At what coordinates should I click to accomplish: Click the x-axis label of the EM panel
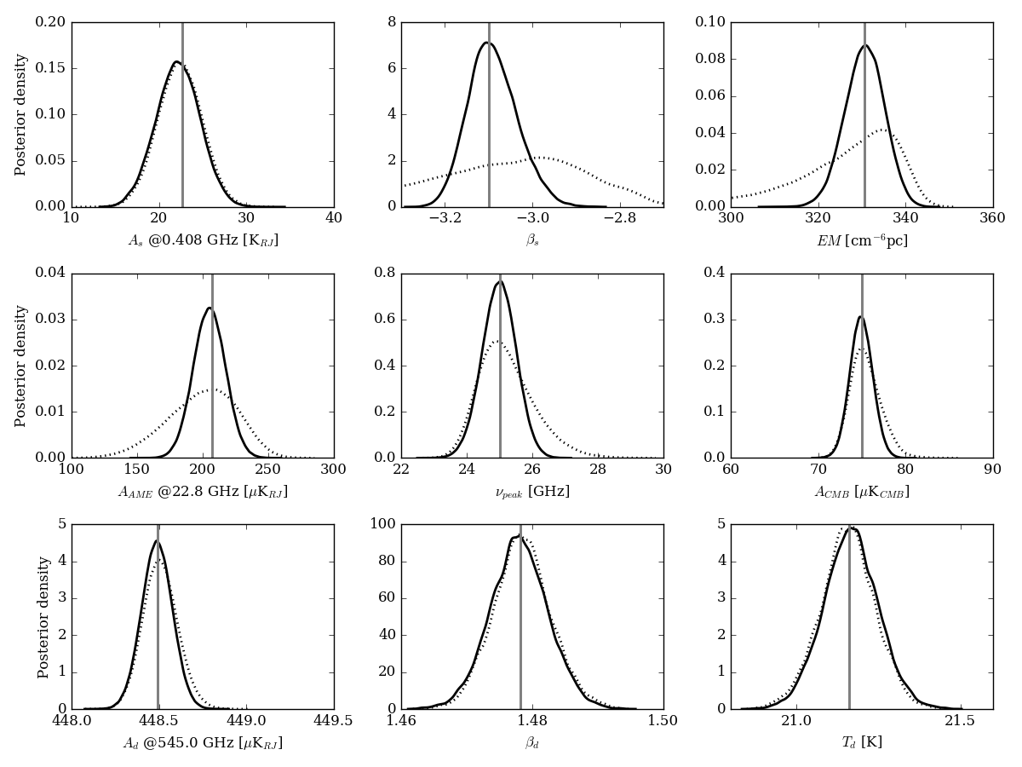(x=862, y=241)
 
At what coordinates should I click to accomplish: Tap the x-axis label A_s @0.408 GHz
(x=203, y=241)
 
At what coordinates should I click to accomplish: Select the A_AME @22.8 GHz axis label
(x=203, y=493)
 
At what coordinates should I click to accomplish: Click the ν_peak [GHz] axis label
(x=532, y=492)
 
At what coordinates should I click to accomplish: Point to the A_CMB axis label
(x=862, y=492)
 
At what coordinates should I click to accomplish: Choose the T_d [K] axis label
(x=862, y=742)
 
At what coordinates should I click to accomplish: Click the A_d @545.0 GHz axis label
(x=203, y=743)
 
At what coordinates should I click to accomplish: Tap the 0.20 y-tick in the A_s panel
(x=50, y=22)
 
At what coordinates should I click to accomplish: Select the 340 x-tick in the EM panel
(x=905, y=218)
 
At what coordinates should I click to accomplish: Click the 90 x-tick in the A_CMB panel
(x=992, y=469)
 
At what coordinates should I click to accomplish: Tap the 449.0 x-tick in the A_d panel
(x=246, y=720)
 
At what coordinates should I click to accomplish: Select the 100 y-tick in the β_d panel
(x=382, y=524)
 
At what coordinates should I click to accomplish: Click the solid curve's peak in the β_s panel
(x=486, y=43)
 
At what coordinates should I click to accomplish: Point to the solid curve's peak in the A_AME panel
(x=209, y=308)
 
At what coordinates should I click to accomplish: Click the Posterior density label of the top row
(x=21, y=114)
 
